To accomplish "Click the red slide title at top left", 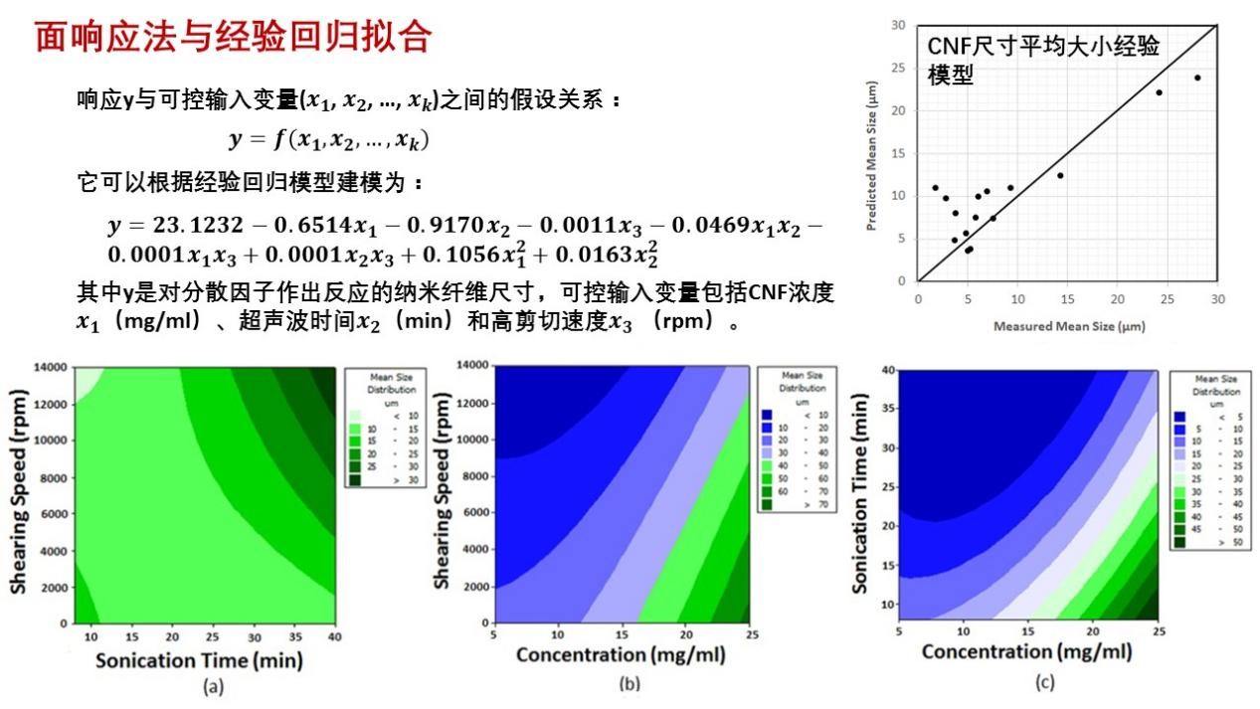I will (233, 38).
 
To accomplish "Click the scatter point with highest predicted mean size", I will (1197, 78).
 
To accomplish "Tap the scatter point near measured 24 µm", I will (1159, 92).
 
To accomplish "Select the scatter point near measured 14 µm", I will (1060, 175).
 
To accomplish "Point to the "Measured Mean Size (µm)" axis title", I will (1067, 326).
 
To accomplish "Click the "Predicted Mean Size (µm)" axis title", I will (871, 156).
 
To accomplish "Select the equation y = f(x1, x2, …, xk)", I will (328, 140).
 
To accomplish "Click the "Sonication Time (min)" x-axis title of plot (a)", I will (199, 660).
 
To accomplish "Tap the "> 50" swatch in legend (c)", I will (1179, 542).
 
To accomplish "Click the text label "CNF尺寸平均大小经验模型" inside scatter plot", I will (1044, 60).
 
